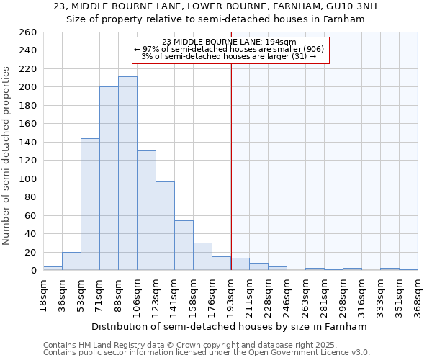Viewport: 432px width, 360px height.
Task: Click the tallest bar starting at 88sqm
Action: click(x=127, y=173)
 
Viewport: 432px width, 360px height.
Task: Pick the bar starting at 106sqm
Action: click(x=146, y=210)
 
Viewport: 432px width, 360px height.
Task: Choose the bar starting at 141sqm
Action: click(x=184, y=245)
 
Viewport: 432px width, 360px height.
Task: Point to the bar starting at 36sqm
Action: click(x=71, y=261)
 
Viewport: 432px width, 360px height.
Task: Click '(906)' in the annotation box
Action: click(x=315, y=49)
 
